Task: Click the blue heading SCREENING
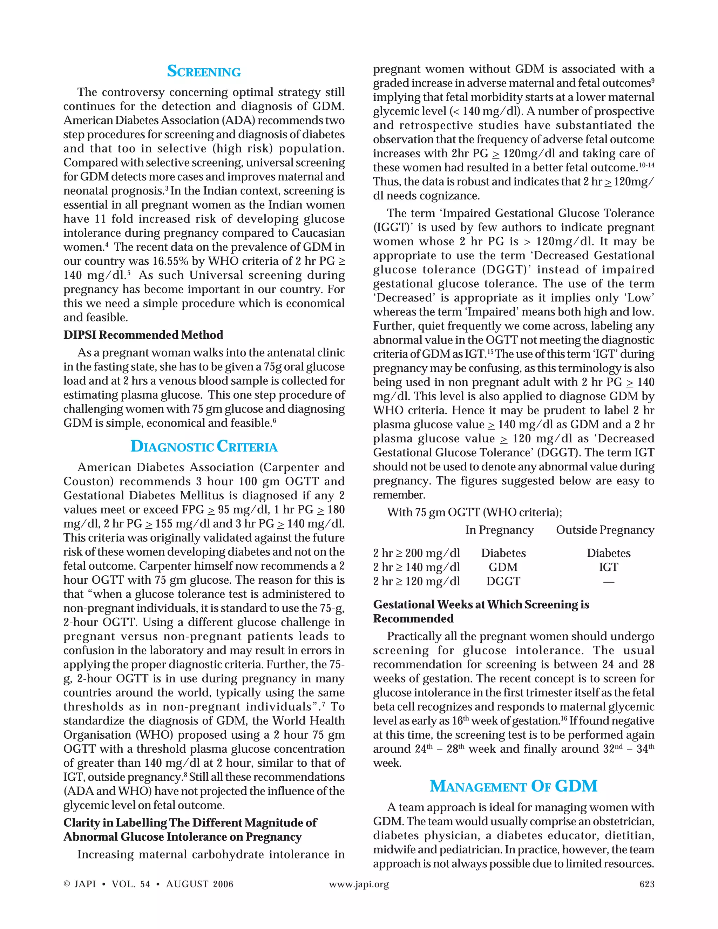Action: coord(204,71)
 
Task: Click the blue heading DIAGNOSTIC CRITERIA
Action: coord(204,446)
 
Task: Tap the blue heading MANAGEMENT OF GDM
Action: coord(513,786)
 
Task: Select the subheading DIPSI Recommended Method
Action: coord(143,335)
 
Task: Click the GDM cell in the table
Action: coord(503,567)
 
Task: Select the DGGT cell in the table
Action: coord(503,581)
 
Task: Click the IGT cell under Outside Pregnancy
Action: coord(608,567)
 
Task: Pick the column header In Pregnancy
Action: coord(499,530)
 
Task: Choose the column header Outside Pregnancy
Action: coord(605,530)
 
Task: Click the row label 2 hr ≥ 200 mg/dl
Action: coord(416,553)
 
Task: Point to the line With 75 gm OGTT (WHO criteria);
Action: coord(474,512)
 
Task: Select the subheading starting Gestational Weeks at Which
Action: coord(481,604)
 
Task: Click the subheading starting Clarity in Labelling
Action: coord(190,823)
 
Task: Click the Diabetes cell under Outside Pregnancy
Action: coord(608,553)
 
